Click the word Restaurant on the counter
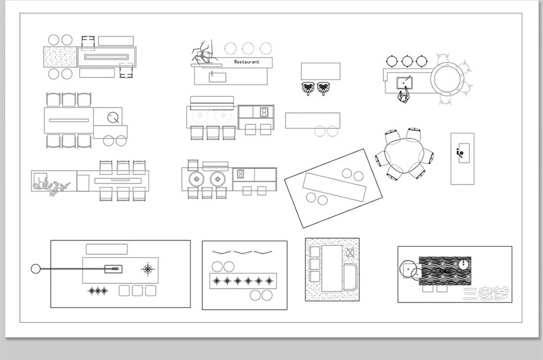(x=246, y=62)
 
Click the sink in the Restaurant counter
(x=217, y=76)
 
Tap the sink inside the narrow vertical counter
(x=462, y=153)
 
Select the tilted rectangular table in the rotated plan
(x=335, y=187)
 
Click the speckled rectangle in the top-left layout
(x=60, y=57)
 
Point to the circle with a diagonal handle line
(x=114, y=117)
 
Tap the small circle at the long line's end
(x=35, y=269)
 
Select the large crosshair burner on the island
(x=147, y=269)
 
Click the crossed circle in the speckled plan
(x=350, y=252)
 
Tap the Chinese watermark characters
(x=486, y=294)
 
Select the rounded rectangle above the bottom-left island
(x=107, y=249)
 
